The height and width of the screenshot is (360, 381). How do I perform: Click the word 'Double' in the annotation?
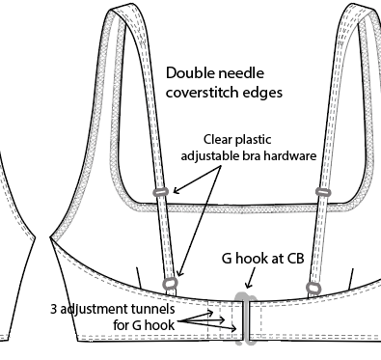click(189, 73)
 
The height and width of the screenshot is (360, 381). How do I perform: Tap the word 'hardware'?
click(283, 154)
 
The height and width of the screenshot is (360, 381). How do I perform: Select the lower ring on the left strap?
click(171, 283)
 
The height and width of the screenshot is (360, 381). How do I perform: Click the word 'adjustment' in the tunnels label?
click(95, 310)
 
